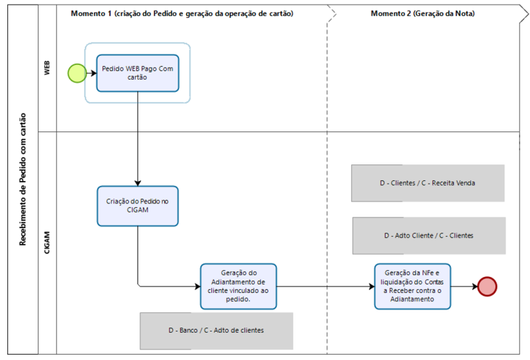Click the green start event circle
78,73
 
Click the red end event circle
487,286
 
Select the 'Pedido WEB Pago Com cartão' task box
138,73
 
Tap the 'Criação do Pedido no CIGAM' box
138,206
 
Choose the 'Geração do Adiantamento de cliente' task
238,286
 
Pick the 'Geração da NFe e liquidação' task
412,286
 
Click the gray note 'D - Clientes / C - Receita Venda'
428,183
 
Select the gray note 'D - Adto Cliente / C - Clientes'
429,235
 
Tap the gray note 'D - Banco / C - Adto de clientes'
217,330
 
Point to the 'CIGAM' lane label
47,243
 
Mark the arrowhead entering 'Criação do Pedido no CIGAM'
138,182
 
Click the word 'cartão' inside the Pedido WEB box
138,78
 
